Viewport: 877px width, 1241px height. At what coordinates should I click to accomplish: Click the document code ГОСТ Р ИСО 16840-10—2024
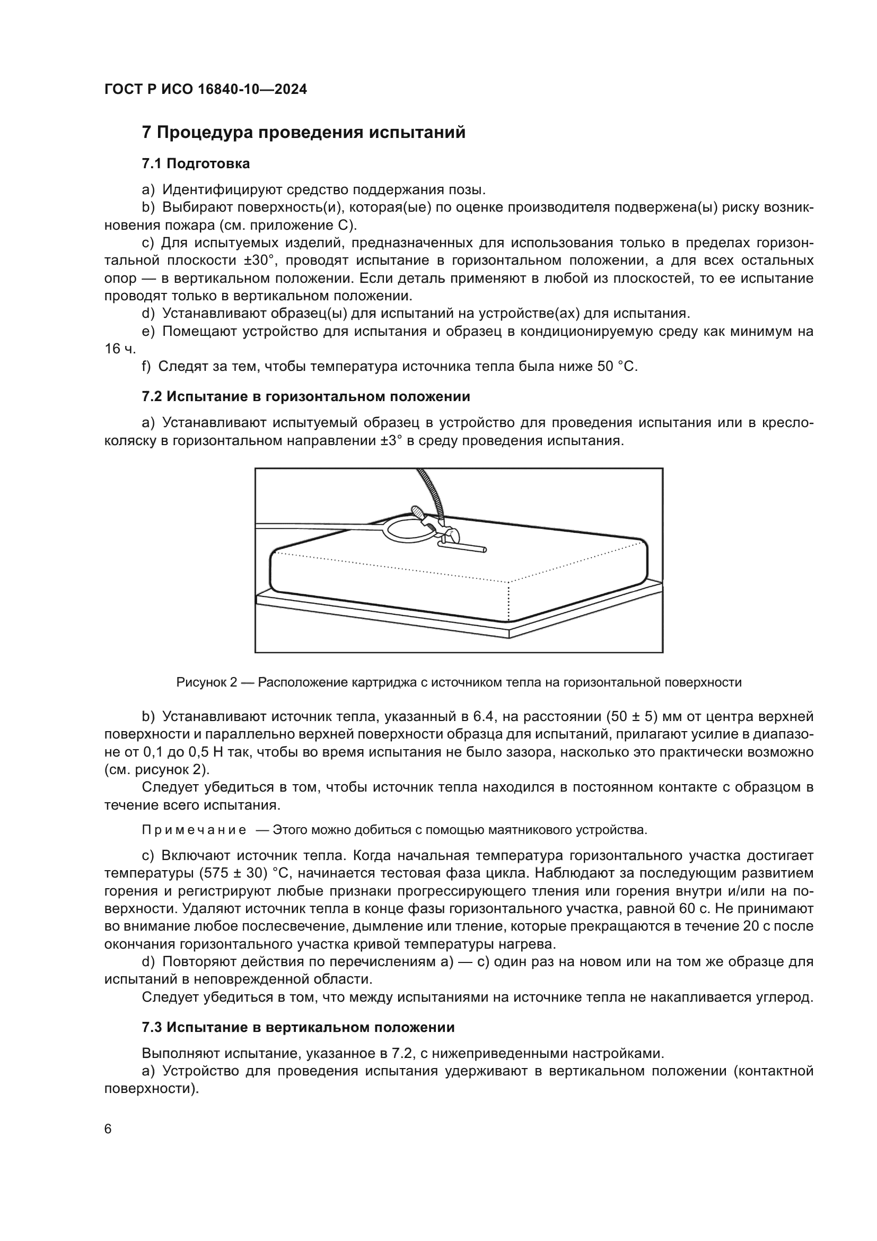[206, 90]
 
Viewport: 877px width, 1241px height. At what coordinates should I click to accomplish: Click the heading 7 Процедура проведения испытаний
[303, 133]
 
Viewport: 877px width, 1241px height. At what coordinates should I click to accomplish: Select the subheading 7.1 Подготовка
[196, 164]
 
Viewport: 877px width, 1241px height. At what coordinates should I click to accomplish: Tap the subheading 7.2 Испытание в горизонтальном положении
[305, 397]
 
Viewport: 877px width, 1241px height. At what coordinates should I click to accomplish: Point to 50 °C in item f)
[617, 367]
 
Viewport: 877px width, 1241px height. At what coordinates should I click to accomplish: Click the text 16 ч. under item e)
[120, 349]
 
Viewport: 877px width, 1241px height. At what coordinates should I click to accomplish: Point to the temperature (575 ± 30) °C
[244, 874]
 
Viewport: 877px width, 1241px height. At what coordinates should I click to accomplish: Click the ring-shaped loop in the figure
[408, 528]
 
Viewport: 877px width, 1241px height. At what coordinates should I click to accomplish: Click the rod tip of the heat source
[484, 550]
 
